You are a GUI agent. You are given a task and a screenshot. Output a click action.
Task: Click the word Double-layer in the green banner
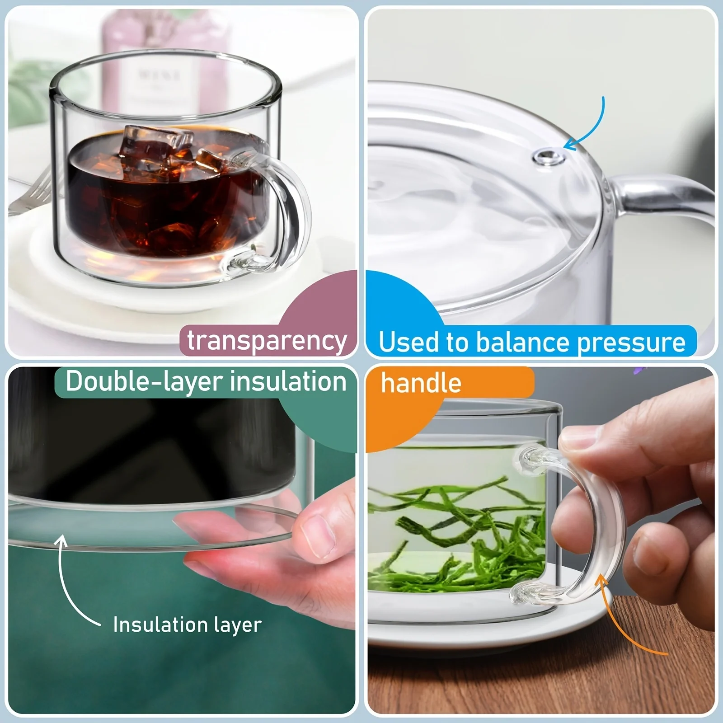(x=145, y=382)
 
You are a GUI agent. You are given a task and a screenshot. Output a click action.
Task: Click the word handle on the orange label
(x=421, y=384)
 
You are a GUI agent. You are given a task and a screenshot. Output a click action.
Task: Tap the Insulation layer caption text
(x=187, y=625)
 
